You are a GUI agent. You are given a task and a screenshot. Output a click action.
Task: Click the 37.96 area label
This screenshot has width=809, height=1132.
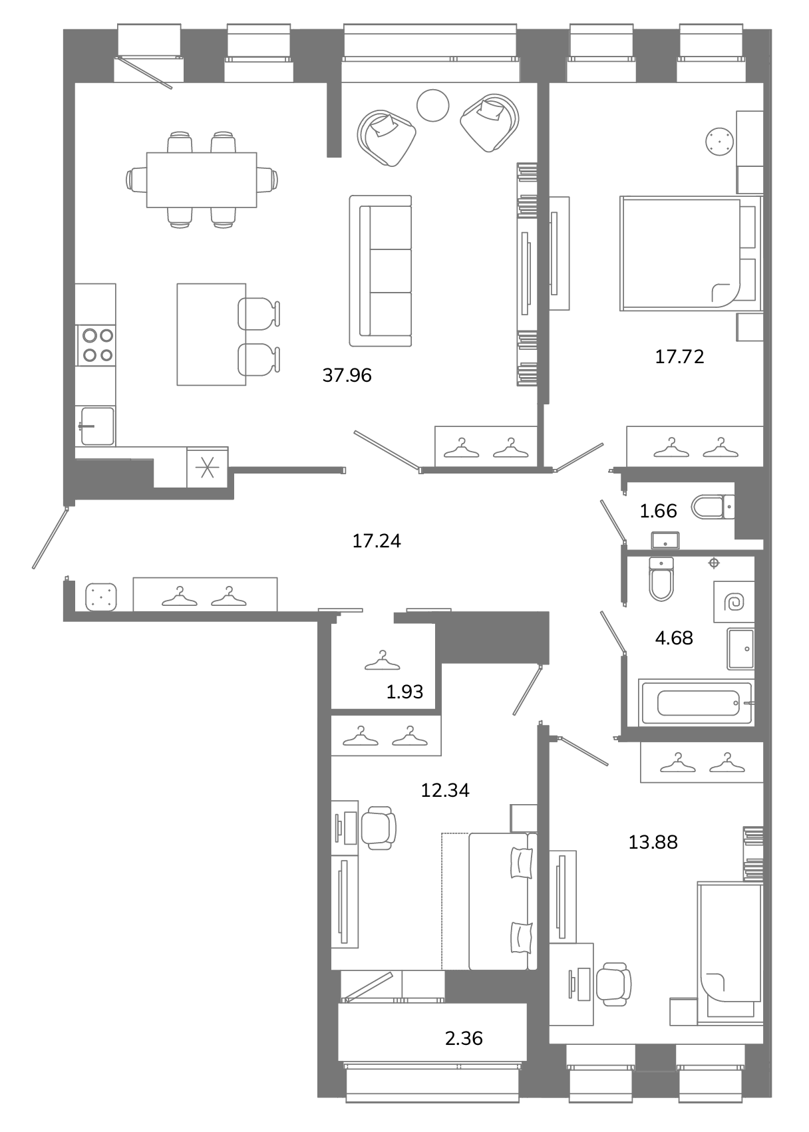[x=347, y=375]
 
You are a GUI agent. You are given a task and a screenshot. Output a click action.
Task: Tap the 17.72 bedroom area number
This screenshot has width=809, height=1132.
[x=679, y=356]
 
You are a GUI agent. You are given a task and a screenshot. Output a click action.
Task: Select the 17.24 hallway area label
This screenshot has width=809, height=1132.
[x=376, y=541]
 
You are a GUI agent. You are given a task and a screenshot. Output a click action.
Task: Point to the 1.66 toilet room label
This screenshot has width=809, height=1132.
[x=658, y=511]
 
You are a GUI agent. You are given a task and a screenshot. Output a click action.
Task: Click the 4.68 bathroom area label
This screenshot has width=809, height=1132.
[x=673, y=638]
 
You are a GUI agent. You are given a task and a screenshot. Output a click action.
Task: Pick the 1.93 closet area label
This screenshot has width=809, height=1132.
[x=404, y=691]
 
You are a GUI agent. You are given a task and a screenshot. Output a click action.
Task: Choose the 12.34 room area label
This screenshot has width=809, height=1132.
[x=445, y=790]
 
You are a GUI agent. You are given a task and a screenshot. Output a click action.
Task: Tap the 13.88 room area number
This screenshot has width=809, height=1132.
[x=653, y=842]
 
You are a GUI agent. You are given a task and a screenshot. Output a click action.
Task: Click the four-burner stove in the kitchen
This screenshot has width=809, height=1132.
[x=96, y=346]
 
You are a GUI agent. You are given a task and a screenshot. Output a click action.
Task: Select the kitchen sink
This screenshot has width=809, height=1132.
[x=96, y=426]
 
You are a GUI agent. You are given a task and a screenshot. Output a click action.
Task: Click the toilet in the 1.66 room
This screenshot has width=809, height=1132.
[x=713, y=507]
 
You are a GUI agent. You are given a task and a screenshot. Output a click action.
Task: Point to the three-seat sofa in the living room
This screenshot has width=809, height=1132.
[x=381, y=271]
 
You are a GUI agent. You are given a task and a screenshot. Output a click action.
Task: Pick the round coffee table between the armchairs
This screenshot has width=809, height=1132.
[x=433, y=105]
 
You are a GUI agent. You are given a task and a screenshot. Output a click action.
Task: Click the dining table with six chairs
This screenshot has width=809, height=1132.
[x=202, y=180]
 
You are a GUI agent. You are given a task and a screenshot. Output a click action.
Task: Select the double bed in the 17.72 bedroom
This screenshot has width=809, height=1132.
[x=691, y=253]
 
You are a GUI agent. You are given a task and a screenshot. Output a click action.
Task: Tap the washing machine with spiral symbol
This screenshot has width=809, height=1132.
[x=734, y=601]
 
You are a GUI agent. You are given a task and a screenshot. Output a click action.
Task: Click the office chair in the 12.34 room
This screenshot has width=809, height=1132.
[x=379, y=828]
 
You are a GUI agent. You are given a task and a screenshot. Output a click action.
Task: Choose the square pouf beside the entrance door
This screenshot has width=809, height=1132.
[x=101, y=597]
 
